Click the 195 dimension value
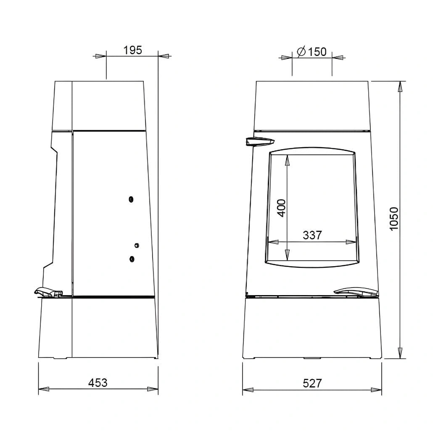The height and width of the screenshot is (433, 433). (x=132, y=50)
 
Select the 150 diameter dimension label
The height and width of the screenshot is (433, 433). (x=312, y=52)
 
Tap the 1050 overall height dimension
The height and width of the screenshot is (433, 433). (x=394, y=219)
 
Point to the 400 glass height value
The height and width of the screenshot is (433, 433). (x=281, y=208)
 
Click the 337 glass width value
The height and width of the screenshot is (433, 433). (x=312, y=235)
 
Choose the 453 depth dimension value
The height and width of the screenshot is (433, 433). (x=98, y=383)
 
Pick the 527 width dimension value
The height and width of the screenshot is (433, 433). (x=312, y=383)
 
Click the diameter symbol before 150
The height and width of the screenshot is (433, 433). (x=301, y=52)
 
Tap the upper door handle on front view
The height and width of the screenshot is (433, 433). (x=260, y=141)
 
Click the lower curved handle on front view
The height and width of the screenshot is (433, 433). (x=356, y=293)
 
